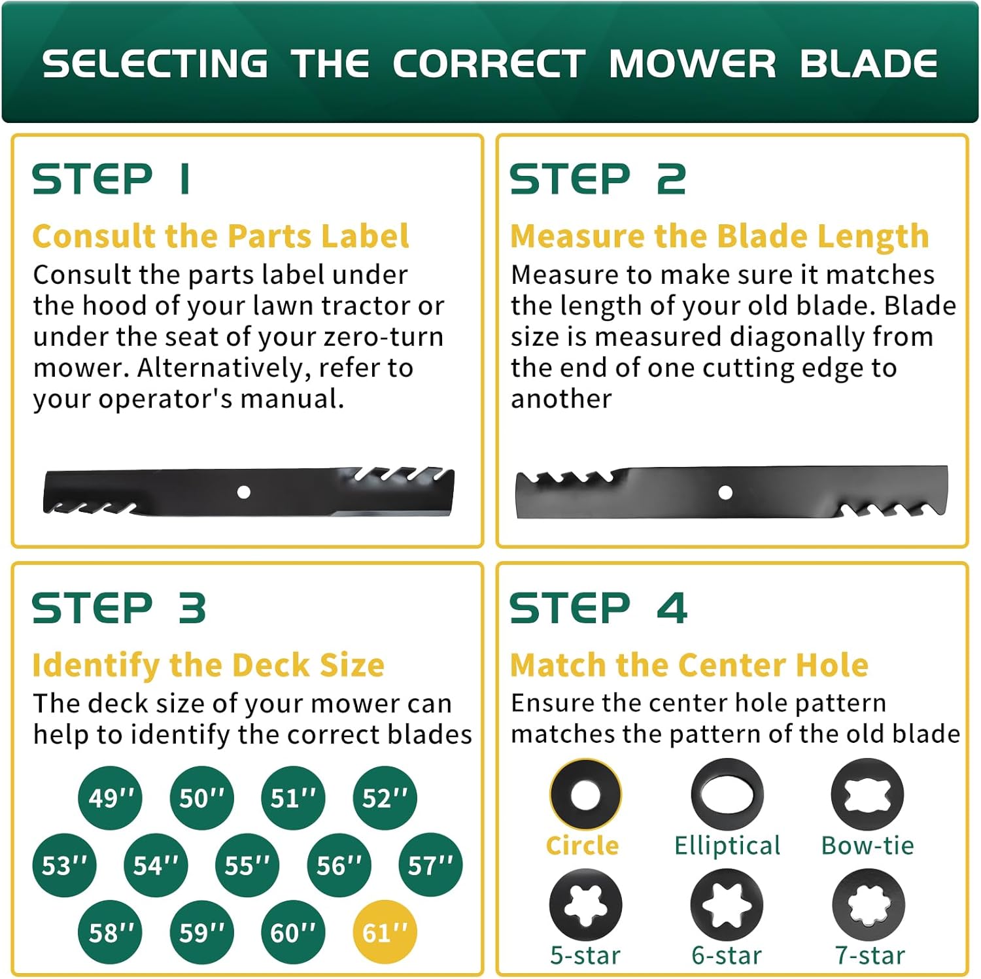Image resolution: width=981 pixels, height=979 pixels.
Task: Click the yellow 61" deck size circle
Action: coord(385,932)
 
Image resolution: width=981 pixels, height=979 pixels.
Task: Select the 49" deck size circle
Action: coord(110,798)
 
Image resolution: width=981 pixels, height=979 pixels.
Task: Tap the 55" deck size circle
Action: coord(247,865)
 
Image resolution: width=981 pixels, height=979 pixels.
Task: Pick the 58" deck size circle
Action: coord(110,932)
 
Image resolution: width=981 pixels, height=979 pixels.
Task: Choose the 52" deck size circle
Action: coord(385,798)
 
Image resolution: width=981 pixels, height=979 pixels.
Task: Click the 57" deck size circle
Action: coord(430,865)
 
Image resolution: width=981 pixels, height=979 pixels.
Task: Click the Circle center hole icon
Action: coord(585,795)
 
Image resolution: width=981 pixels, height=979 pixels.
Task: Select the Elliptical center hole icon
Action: coord(727,795)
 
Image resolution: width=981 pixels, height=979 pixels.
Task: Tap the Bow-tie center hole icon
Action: coord(867,795)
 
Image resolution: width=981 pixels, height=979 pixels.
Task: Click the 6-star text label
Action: coord(727,955)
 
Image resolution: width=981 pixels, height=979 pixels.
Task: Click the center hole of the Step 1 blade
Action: coord(244,492)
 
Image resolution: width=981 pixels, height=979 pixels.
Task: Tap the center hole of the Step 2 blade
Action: coord(725,492)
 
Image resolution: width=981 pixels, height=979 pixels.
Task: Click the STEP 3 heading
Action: coord(119,608)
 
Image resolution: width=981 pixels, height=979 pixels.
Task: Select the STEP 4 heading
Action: coord(598,608)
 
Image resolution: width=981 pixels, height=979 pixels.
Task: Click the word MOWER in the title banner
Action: coord(692,63)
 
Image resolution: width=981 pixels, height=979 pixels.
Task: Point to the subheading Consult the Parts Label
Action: coord(220,236)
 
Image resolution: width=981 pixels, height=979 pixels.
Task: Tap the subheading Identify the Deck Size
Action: coord(208,665)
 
